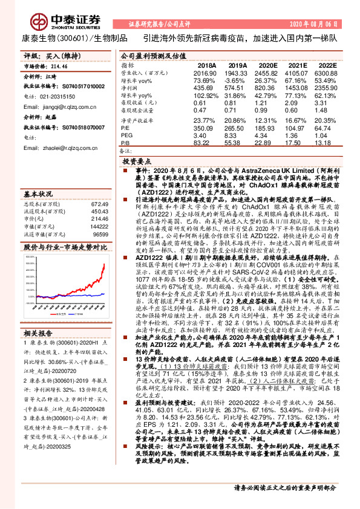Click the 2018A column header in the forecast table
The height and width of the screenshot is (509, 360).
[x=207, y=64]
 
